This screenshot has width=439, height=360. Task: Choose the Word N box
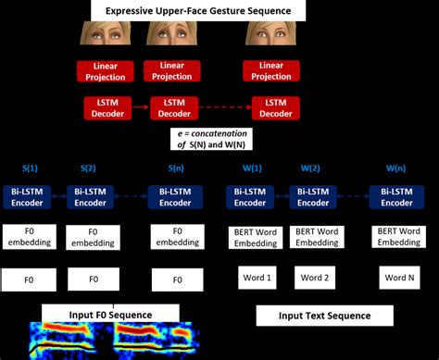(397, 278)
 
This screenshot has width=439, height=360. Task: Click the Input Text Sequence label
(324, 316)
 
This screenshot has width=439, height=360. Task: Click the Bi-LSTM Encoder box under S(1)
(30, 197)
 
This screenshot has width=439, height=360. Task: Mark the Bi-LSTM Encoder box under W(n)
(397, 197)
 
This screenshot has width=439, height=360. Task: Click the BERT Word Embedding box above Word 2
(318, 238)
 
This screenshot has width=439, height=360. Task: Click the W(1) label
(251, 168)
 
